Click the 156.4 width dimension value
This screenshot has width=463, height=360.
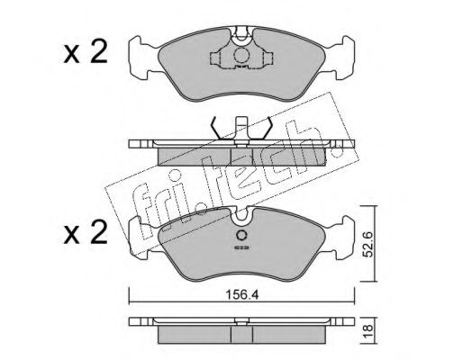point(242,295)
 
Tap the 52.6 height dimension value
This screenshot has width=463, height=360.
point(368,244)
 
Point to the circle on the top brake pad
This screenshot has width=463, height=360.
point(241,55)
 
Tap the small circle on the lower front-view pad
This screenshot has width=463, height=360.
point(241,235)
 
